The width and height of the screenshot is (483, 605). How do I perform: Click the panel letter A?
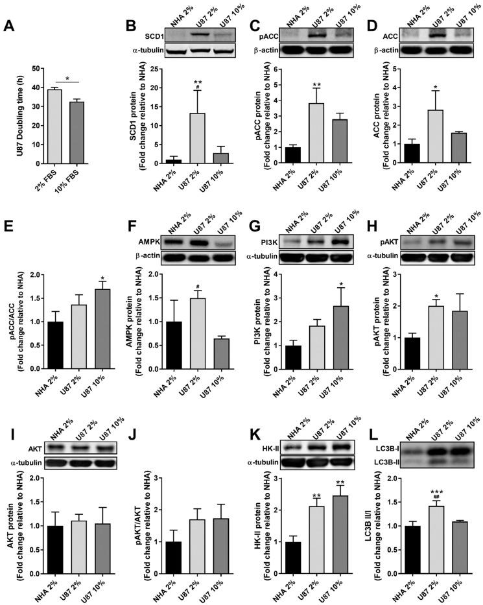[10, 27]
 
